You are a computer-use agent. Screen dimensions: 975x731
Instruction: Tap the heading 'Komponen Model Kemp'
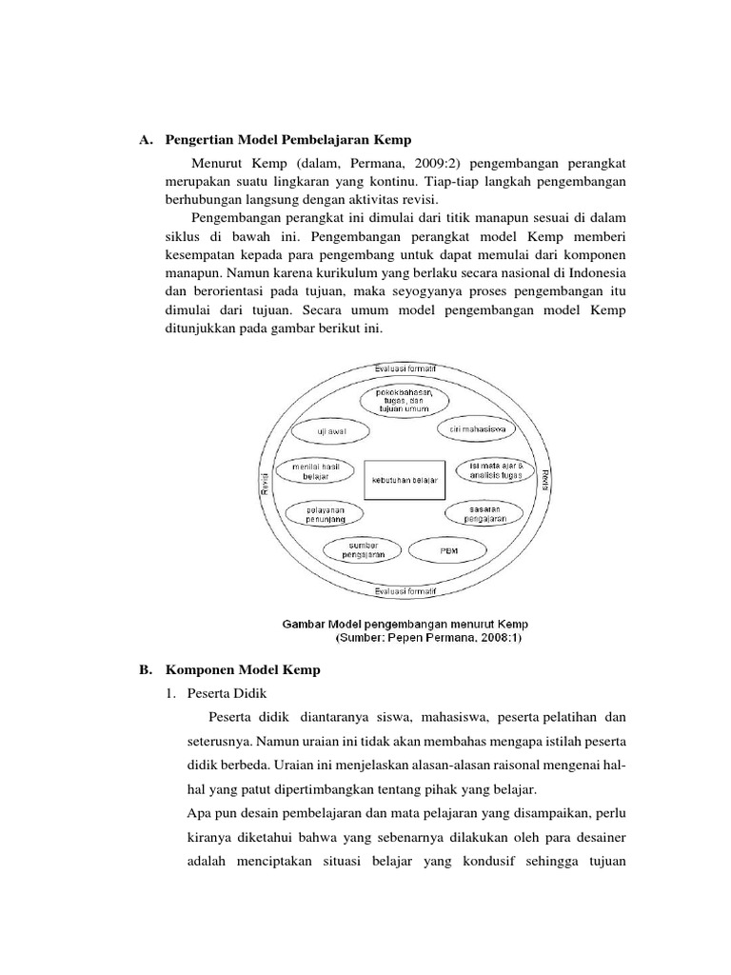[x=243, y=669]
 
